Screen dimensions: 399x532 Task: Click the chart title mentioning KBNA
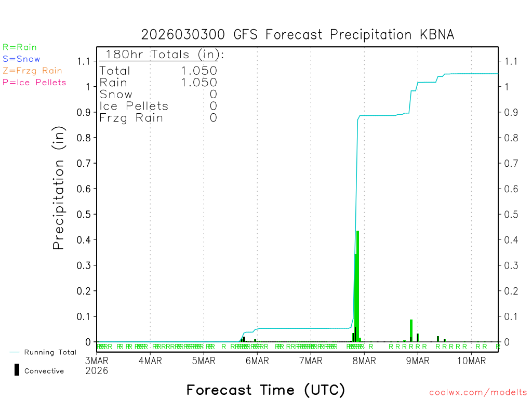pos(298,35)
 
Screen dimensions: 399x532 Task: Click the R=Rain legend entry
pos(20,47)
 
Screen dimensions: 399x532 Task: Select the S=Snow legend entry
pos(21,59)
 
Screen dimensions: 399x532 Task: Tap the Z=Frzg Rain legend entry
pos(32,71)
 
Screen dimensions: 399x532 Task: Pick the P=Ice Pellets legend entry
pos(34,82)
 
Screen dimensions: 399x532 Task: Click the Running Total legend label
pos(50,352)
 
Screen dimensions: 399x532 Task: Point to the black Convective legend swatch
pos(17,370)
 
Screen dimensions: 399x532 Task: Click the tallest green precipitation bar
pos(358,286)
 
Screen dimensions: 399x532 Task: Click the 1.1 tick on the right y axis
pos(508,61)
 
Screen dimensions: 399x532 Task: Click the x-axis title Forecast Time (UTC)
pos(265,390)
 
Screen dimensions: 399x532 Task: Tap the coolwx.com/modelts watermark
pos(478,393)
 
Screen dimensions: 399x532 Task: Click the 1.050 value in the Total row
pos(199,71)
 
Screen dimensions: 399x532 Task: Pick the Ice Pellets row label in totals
pos(134,106)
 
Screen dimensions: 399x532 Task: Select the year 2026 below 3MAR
pos(97,370)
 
